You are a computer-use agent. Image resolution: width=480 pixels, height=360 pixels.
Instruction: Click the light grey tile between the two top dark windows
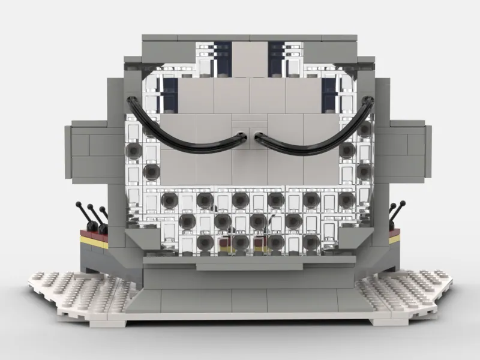249,57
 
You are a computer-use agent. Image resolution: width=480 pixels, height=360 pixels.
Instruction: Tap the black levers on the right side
394,213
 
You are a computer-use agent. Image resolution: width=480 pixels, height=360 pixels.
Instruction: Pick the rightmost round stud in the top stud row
346,199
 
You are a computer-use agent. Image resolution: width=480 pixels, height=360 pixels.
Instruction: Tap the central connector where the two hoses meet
249,136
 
